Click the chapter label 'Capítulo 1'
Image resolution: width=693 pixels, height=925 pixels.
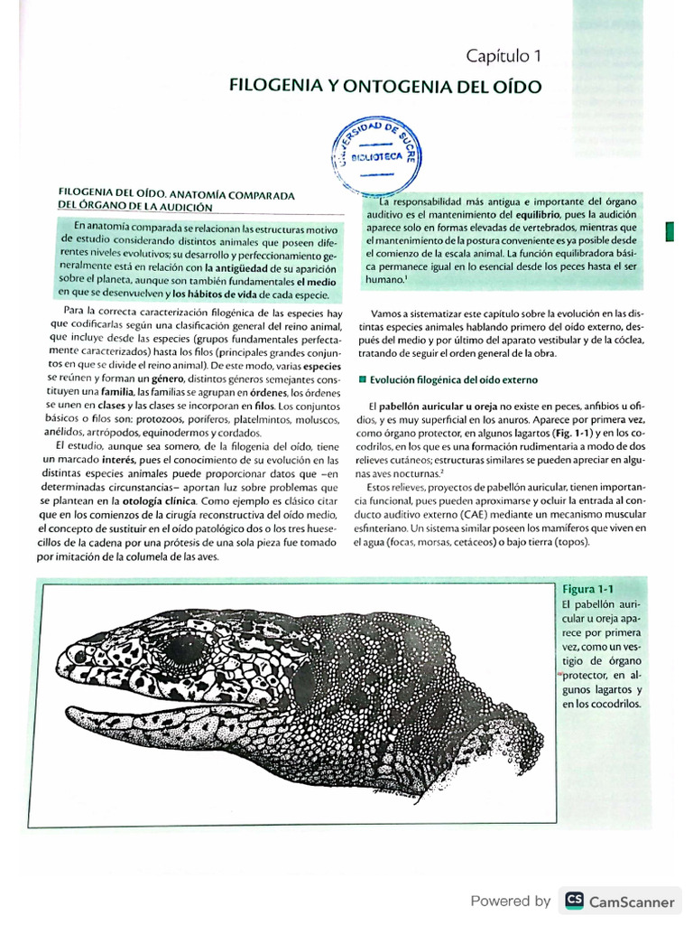pyautogui.click(x=504, y=56)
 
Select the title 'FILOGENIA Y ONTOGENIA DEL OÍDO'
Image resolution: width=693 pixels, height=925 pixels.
pyautogui.click(x=385, y=88)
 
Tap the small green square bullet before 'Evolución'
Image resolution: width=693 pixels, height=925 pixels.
pyautogui.click(x=362, y=378)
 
